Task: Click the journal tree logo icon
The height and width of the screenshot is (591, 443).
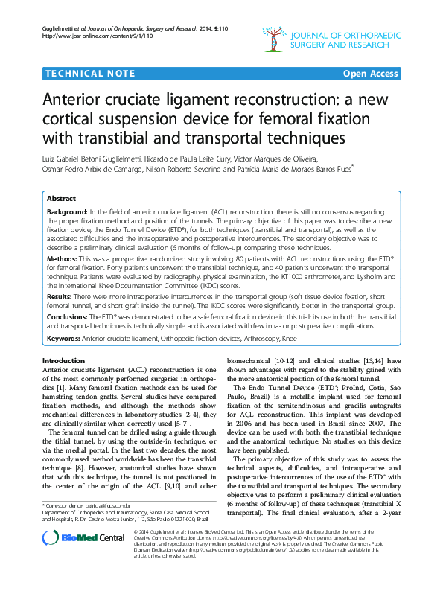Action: click(274, 38)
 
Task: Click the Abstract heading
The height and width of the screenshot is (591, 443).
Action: click(61, 199)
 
